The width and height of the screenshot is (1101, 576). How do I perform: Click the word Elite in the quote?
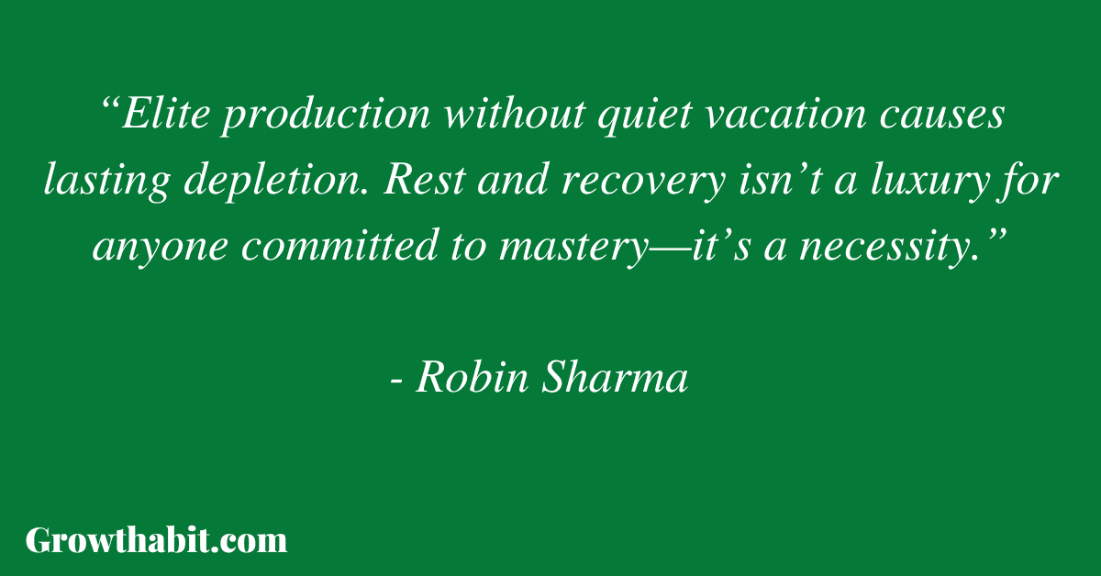166,114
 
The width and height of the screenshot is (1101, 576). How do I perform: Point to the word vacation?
785,114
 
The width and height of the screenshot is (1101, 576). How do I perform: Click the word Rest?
424,180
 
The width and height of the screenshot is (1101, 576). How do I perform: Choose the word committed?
339,245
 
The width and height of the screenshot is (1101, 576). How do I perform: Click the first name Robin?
473,377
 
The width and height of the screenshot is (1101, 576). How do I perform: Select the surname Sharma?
615,377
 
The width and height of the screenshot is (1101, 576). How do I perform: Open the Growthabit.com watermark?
156,540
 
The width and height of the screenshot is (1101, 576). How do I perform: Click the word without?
515,114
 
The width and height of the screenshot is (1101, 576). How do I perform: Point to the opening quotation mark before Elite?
110,105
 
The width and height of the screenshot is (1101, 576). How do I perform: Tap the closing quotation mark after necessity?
992,236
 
